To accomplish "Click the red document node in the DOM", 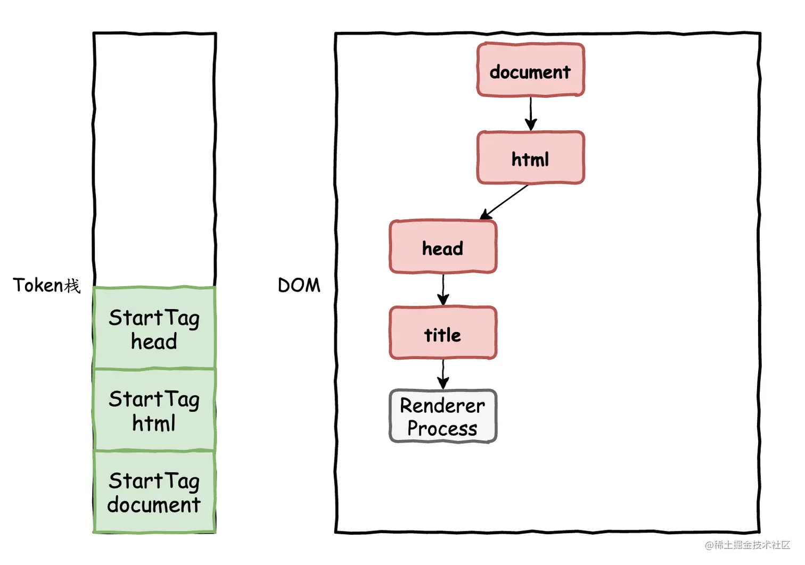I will tap(530, 70).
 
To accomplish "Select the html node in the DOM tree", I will tap(530, 158).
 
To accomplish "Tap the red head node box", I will tap(442, 247).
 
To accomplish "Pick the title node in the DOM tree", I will tap(442, 334).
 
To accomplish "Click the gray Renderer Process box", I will tap(442, 417).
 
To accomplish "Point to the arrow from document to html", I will tap(530, 114).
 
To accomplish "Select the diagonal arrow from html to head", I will tap(504, 202).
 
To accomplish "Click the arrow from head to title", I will tap(443, 290).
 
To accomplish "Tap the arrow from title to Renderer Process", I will tap(443, 375).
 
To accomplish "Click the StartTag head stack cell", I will tap(154, 328).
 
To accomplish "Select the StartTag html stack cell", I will tap(154, 410).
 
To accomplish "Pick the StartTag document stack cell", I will tap(154, 492).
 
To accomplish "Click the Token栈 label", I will tap(47, 286).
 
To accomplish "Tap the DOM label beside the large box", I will tap(299, 286).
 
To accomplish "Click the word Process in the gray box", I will tap(442, 429).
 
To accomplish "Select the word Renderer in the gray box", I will tap(442, 405).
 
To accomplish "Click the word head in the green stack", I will tap(154, 342).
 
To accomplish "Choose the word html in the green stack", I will tap(154, 423).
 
